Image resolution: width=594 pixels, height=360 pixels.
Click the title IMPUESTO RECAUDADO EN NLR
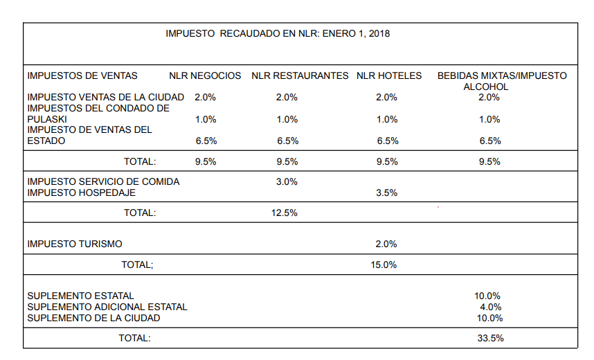(278, 33)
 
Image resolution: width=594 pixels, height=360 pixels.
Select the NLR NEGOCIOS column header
(205, 75)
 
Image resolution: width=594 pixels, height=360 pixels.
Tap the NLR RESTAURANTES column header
(300, 75)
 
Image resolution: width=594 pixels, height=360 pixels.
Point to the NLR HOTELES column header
(388, 75)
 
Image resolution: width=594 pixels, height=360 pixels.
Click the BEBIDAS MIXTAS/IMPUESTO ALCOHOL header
(501, 80)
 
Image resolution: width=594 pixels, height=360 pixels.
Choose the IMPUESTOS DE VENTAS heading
(82, 75)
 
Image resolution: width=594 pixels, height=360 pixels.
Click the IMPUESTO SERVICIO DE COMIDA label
(103, 181)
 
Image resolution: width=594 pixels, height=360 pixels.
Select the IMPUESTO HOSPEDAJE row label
(81, 192)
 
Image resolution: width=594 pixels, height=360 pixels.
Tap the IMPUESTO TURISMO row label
(75, 244)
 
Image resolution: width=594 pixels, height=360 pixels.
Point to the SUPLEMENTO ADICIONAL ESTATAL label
(107, 307)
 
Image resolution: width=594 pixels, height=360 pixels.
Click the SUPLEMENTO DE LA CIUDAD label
(93, 318)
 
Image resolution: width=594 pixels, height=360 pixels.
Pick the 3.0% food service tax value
(287, 181)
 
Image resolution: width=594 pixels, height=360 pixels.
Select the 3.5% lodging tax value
(386, 193)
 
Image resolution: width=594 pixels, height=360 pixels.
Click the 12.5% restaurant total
(285, 213)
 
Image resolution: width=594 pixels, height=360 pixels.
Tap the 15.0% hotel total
(384, 264)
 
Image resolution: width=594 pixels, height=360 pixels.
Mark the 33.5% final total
(489, 339)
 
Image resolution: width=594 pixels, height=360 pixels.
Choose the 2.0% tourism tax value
(386, 244)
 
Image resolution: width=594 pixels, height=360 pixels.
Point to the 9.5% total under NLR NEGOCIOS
(206, 162)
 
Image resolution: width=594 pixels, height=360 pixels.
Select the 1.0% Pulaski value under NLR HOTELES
(387, 119)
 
